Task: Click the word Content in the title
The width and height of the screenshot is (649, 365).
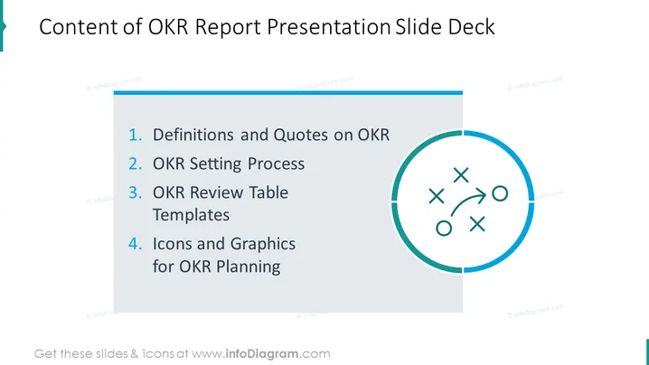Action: point(79,27)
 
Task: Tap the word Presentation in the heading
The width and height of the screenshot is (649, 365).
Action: point(329,27)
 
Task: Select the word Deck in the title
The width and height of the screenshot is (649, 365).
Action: point(472,27)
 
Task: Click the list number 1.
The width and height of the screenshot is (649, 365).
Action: point(135,135)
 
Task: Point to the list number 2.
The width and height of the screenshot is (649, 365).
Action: point(135,164)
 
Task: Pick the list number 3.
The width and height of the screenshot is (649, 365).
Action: point(135,192)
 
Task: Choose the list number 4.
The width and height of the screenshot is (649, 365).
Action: point(135,244)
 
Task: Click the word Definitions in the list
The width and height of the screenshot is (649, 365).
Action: point(193,135)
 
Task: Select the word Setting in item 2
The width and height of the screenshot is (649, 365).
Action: point(215,164)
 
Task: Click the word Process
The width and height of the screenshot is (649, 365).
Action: point(276,164)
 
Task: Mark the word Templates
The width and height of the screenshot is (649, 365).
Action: point(192,216)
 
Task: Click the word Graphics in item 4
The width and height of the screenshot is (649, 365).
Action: point(263,245)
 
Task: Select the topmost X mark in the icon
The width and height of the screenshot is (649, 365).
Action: point(461,175)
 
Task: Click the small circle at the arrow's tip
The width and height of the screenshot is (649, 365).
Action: point(500,193)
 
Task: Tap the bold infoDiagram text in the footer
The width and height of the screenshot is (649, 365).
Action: point(262,354)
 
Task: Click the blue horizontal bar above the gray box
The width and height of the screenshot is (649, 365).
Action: point(288,93)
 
